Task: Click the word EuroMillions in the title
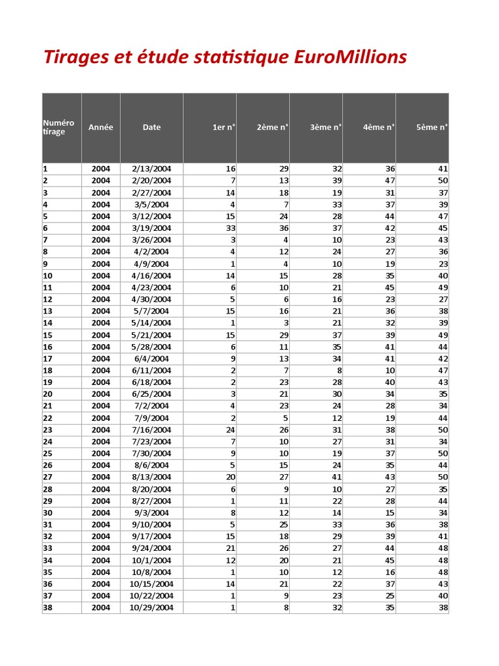point(350,57)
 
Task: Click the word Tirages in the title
point(69,57)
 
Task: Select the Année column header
point(101,127)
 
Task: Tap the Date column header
point(151,127)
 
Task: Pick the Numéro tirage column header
point(58,127)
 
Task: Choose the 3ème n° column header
point(326,127)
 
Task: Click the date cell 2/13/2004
point(151,168)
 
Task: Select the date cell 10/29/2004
point(151,607)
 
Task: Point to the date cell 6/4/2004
point(151,358)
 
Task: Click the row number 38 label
point(48,607)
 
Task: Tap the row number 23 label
point(48,430)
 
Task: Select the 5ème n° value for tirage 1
point(443,168)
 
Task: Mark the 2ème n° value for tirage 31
point(284,525)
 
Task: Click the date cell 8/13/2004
point(151,477)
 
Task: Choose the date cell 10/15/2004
point(151,584)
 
